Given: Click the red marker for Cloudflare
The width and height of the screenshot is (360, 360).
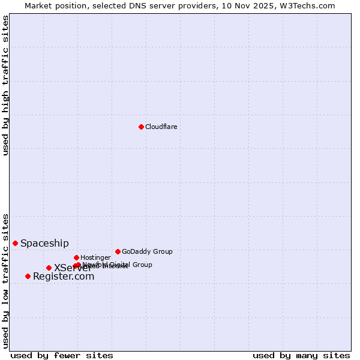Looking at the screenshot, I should point(141,127).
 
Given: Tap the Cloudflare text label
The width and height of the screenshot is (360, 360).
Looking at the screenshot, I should point(161,127).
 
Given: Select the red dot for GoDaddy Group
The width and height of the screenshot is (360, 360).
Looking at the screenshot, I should point(118,251).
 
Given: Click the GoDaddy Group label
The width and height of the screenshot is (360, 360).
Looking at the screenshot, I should point(147,251).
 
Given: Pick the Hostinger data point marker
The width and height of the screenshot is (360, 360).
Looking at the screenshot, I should point(76,257).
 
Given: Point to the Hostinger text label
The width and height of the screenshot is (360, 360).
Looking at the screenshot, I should point(95,257).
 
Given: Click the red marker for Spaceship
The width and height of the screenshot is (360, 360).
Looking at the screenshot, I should point(15,243).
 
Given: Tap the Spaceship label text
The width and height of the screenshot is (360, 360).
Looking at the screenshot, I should point(44,243).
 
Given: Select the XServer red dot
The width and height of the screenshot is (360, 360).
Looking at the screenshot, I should point(49,268).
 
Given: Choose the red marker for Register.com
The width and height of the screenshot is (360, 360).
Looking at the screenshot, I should point(28,276).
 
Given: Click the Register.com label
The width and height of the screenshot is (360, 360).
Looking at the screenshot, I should point(63,276).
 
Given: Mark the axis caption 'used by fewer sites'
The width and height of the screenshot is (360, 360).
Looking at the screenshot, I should point(62,355).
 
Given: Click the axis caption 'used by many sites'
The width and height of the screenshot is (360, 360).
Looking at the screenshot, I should point(301,355).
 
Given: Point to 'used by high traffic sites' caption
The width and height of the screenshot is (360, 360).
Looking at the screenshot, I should point(5,85).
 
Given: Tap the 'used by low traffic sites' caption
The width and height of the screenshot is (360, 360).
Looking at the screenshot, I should point(5,281).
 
